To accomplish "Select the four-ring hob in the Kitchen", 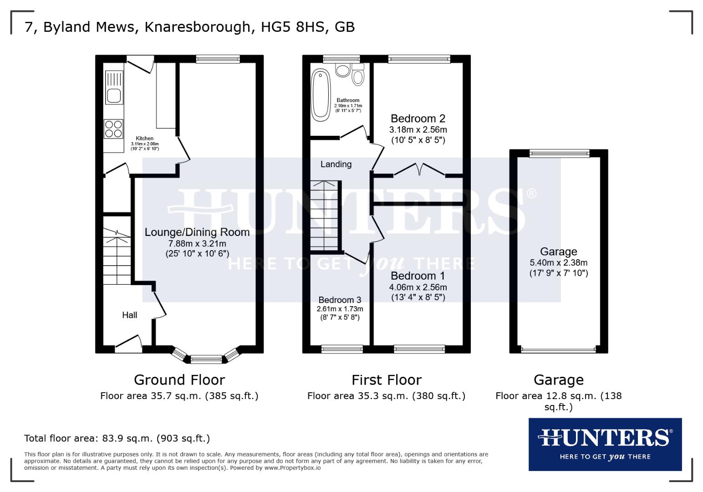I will click(x=113, y=128).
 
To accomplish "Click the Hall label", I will click(x=130, y=315).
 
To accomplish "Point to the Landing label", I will click(x=336, y=164).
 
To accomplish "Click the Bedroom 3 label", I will click(x=340, y=300).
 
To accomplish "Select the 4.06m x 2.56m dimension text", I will click(x=418, y=287).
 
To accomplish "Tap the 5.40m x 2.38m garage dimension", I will click(x=559, y=263).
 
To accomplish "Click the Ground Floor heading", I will click(x=179, y=380).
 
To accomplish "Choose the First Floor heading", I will click(x=387, y=380).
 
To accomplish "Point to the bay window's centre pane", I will click(x=206, y=359).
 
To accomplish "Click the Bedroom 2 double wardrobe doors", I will click(x=419, y=169).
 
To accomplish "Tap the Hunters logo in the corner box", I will click(x=605, y=444).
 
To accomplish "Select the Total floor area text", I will click(x=117, y=439).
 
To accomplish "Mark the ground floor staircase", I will click(x=117, y=256).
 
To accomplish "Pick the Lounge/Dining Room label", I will click(x=197, y=232).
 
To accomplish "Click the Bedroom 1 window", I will click(x=419, y=349).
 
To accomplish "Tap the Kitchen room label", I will click(x=145, y=138).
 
